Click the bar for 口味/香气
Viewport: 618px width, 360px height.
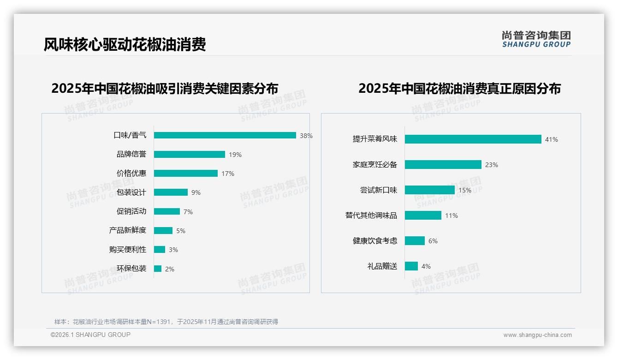tap(225, 135)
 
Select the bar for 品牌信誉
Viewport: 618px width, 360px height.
tap(189, 155)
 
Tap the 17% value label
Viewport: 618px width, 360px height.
tap(228, 174)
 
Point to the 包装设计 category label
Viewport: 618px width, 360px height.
tap(131, 192)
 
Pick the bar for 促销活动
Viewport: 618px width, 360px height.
tap(166, 211)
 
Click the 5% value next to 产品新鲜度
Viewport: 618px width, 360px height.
tap(181, 231)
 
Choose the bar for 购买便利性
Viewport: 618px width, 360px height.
tap(159, 250)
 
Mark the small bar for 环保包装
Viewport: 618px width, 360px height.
tap(157, 269)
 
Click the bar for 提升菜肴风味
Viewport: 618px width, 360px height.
tap(473, 139)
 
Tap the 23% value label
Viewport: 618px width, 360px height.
tap(492, 165)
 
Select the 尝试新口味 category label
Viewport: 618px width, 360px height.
tap(378, 190)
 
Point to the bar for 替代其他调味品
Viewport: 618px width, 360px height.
tap(423, 216)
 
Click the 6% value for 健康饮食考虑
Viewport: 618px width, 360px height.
tap(433, 241)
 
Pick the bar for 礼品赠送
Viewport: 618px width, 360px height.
tap(411, 266)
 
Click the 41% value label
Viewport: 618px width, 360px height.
tap(552, 139)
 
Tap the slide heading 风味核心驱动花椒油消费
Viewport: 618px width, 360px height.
tap(125, 44)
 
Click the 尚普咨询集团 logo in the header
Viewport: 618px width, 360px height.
tap(536, 39)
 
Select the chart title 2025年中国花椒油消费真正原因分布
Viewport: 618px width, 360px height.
tap(459, 88)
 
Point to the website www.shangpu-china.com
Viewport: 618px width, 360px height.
tap(537, 335)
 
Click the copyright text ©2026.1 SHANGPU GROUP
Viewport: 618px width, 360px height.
tap(90, 335)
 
